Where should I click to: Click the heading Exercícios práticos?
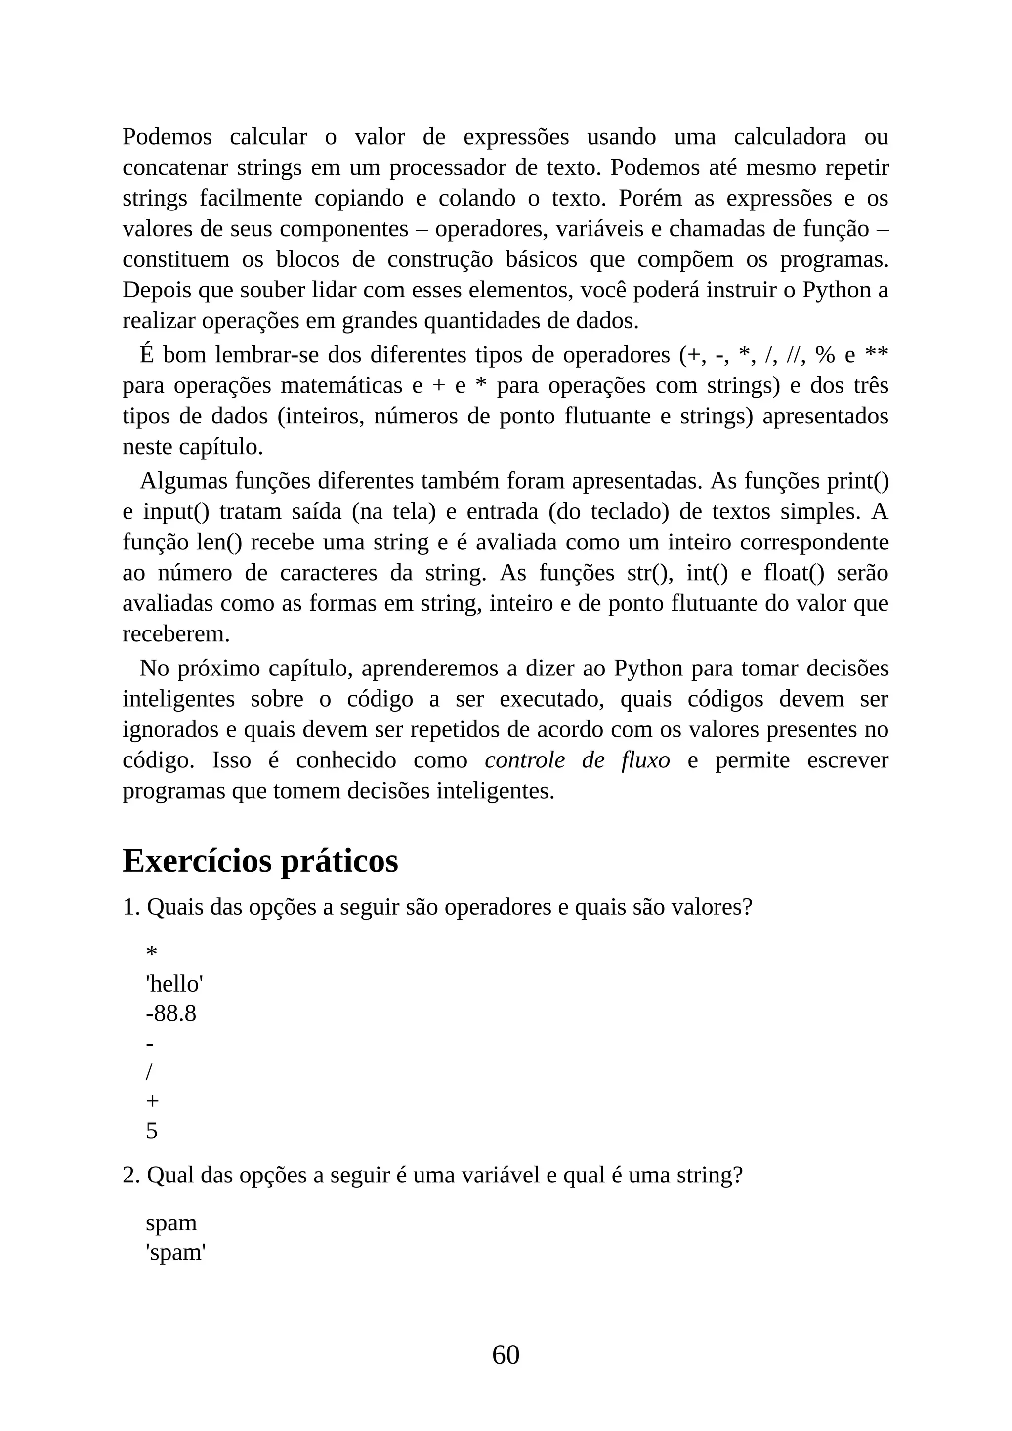[260, 861]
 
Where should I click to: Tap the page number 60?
[506, 1355]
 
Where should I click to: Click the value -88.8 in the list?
[171, 1014]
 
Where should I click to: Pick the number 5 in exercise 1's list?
[151, 1131]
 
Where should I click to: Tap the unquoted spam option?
[171, 1223]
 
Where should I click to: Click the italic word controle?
[525, 760]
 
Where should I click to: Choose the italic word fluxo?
[645, 760]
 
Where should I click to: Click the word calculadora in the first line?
[790, 137]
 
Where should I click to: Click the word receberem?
[176, 634]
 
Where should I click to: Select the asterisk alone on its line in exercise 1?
[151, 954]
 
